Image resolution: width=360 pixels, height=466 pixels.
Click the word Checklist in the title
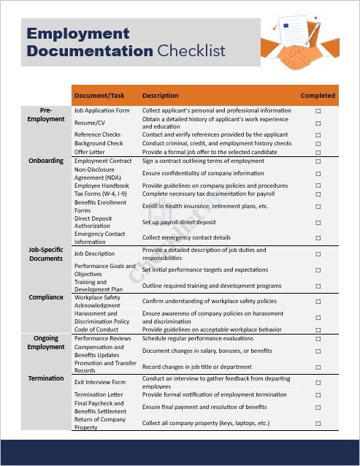tap(191, 51)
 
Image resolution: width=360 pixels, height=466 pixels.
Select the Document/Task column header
tap(99, 96)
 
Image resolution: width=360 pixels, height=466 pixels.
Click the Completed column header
tap(318, 96)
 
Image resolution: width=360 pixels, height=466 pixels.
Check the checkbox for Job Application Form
tap(318, 111)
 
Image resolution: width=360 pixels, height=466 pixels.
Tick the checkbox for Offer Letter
tap(318, 152)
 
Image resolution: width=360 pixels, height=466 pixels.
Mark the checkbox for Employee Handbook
tap(318, 186)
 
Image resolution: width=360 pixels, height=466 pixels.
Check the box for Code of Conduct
tap(318, 330)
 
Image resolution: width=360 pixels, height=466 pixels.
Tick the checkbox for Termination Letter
tap(318, 394)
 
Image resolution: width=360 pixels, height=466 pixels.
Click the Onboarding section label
tap(46, 161)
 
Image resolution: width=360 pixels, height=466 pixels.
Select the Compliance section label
tap(46, 298)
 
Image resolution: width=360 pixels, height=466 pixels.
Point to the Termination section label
tap(46, 378)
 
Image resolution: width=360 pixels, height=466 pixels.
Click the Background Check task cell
tap(99, 143)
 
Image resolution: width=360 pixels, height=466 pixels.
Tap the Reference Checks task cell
tap(97, 134)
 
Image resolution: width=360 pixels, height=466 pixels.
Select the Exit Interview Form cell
tap(100, 382)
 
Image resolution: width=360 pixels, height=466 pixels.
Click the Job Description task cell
tap(94, 254)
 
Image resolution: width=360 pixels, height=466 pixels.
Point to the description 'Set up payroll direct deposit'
tap(179, 222)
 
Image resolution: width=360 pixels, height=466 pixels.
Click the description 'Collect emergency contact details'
tap(186, 238)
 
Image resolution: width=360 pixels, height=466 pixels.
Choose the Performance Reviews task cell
tap(102, 339)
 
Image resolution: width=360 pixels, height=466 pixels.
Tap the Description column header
tap(160, 96)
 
